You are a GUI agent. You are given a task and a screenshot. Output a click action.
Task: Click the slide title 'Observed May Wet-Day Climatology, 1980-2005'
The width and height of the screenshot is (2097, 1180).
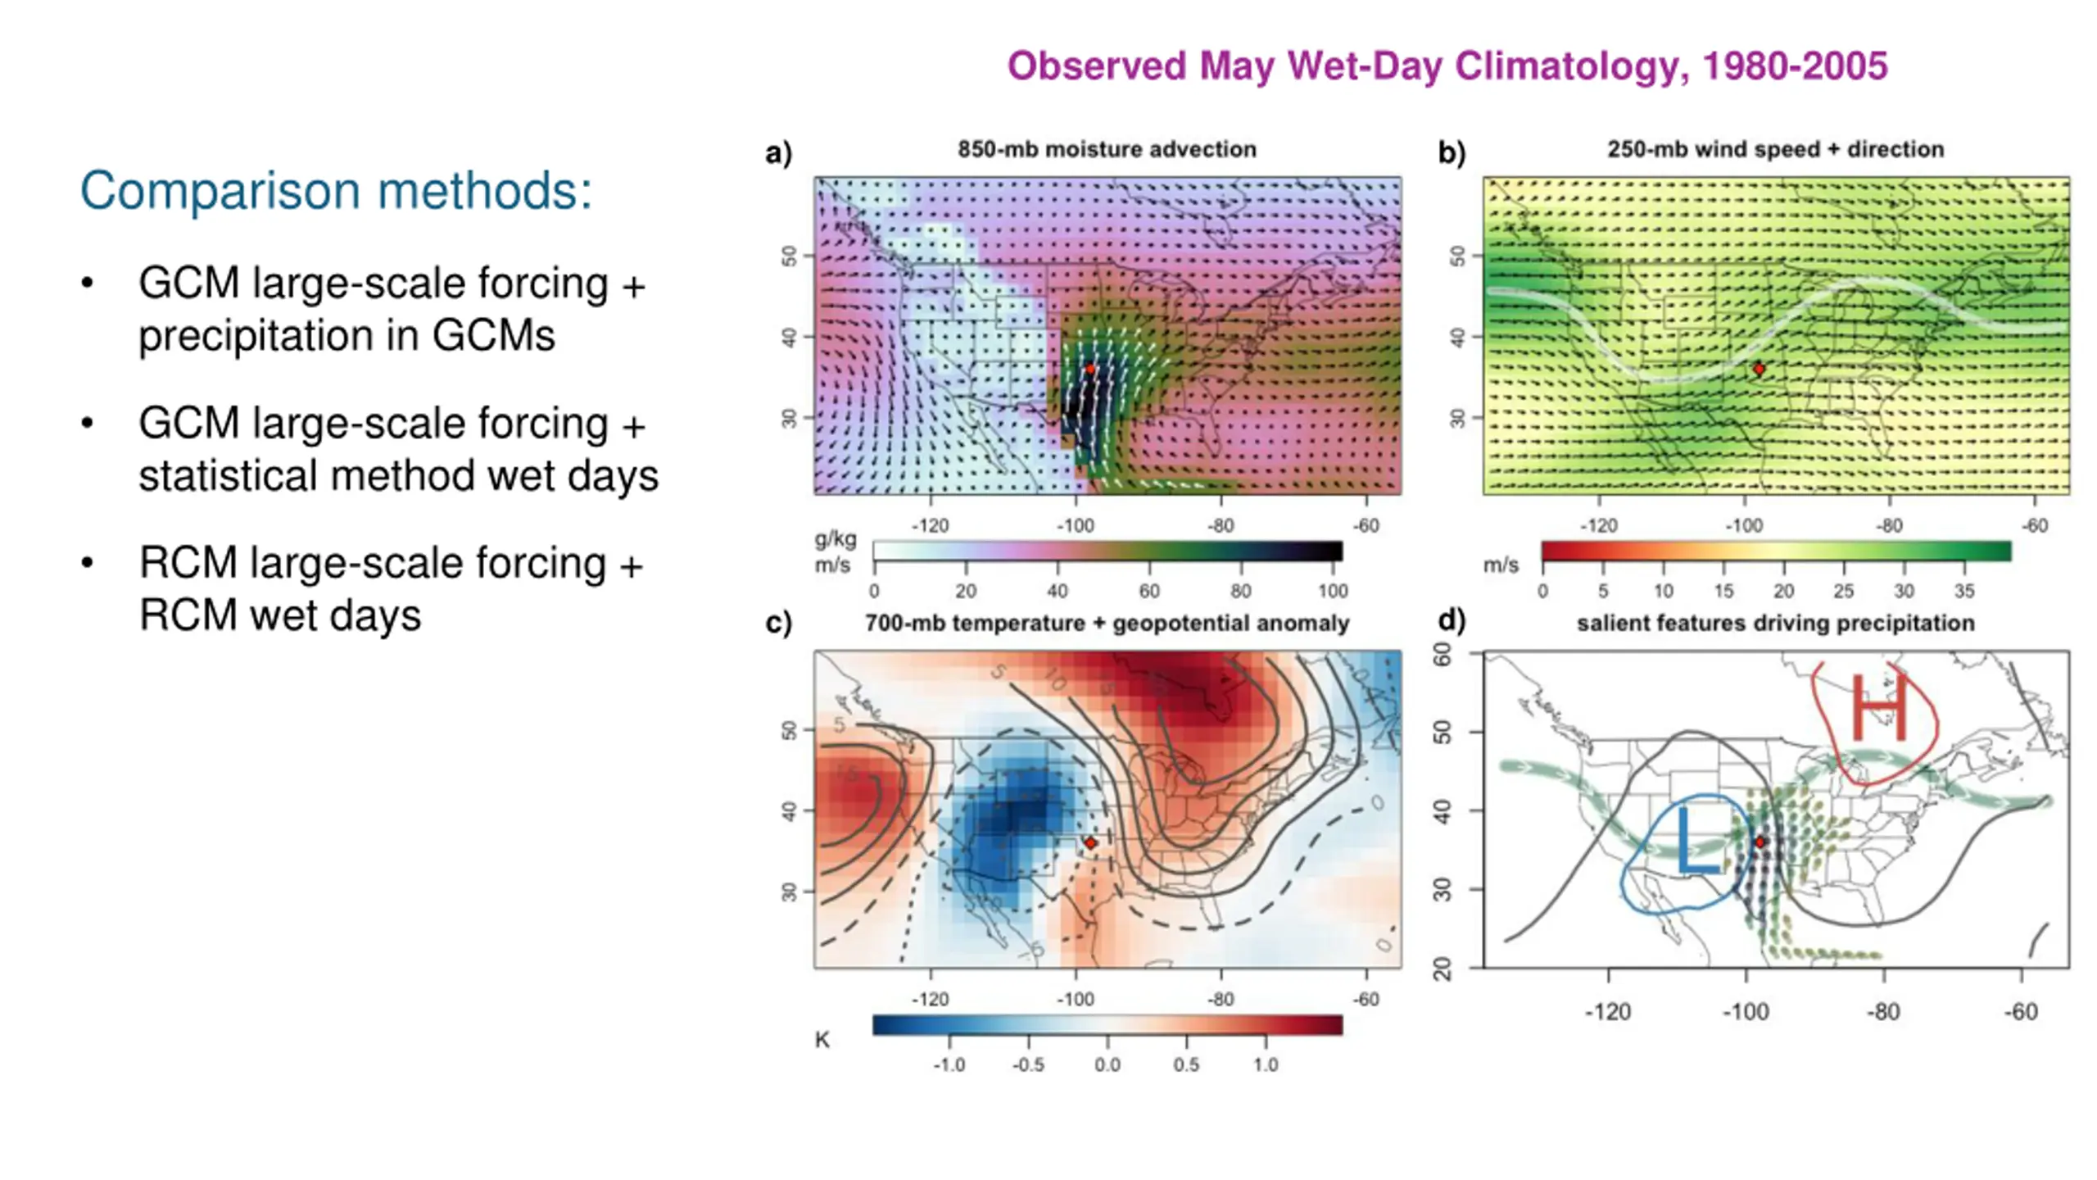[1447, 66]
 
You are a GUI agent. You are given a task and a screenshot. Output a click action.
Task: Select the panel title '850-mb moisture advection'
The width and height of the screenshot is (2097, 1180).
[1107, 149]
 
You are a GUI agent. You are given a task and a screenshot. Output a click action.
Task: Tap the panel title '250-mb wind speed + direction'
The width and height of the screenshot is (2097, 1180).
[1775, 149]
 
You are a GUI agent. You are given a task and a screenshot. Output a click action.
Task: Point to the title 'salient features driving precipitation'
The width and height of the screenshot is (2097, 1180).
[1775, 623]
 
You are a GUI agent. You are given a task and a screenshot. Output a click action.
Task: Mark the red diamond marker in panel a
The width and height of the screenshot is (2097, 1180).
[1090, 369]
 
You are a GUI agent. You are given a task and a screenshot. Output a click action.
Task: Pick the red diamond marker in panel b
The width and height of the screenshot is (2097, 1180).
[1759, 369]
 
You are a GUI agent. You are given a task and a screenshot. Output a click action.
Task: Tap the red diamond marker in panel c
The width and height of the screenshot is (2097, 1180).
[1090, 842]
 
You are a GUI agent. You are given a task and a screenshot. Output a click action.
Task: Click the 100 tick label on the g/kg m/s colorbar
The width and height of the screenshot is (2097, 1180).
[1333, 591]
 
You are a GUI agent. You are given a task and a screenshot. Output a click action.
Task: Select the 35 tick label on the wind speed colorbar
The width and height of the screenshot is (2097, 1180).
[1964, 591]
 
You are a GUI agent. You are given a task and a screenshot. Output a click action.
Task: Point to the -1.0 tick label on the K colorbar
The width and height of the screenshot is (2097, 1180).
[949, 1064]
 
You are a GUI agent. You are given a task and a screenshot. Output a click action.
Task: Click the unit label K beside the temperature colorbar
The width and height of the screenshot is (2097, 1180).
[822, 1040]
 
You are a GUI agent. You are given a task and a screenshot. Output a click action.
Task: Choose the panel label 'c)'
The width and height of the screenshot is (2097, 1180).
[778, 623]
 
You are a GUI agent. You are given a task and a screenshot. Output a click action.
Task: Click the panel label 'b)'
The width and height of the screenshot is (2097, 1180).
[1452, 152]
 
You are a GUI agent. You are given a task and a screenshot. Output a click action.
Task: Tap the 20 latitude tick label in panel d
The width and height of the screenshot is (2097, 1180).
[1443, 969]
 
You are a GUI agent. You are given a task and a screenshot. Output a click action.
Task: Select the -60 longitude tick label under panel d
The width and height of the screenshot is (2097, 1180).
[2021, 1012]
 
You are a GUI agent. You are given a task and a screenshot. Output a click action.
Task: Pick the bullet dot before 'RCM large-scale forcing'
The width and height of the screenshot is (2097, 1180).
[88, 563]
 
